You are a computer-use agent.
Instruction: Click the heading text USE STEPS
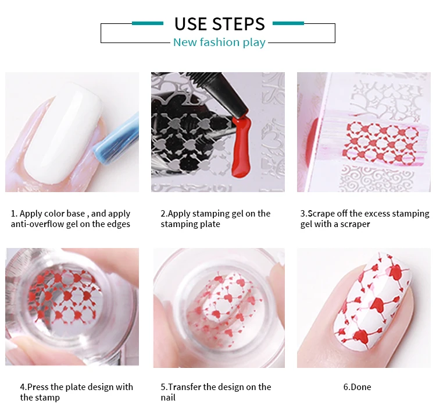220,24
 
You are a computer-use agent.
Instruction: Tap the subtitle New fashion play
219,42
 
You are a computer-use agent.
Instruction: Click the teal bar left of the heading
148,23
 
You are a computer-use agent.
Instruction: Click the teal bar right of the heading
288,23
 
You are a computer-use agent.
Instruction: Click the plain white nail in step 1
64,134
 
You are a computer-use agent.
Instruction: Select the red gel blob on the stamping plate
241,148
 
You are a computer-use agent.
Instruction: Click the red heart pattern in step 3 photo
381,142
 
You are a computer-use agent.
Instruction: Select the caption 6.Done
358,387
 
